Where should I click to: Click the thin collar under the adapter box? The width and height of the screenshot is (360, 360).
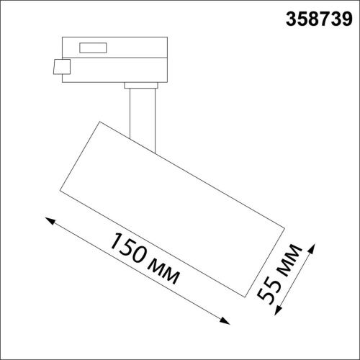click(x=141, y=86)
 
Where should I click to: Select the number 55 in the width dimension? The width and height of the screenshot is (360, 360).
click(x=270, y=295)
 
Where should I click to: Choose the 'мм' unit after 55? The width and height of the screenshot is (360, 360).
click(x=289, y=262)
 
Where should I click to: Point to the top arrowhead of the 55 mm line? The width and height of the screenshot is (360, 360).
click(x=312, y=249)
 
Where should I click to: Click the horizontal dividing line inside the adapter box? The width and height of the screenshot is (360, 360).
click(x=115, y=60)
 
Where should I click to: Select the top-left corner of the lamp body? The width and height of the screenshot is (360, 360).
click(x=98, y=122)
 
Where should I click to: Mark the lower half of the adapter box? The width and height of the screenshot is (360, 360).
click(x=115, y=71)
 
